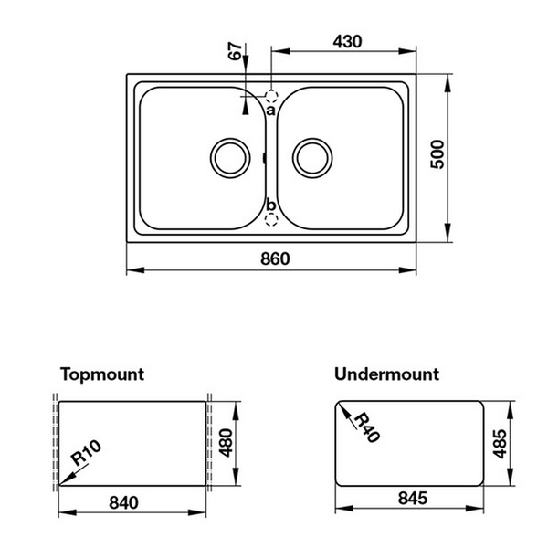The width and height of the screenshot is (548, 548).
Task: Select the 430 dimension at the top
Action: pyautogui.click(x=347, y=41)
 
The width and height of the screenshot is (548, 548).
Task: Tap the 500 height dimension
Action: pyautogui.click(x=437, y=157)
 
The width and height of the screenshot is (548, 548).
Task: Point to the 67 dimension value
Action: pyautogui.click(x=237, y=53)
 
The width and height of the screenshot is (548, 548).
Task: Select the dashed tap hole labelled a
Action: pyautogui.click(x=271, y=94)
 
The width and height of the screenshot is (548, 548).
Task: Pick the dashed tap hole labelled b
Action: pyautogui.click(x=270, y=219)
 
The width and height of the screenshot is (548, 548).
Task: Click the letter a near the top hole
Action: pyautogui.click(x=270, y=110)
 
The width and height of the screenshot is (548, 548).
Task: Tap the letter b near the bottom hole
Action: pyautogui.click(x=270, y=205)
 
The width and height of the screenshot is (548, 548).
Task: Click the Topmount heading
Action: pyautogui.click(x=102, y=374)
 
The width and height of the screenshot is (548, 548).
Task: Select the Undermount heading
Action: pyautogui.click(x=386, y=374)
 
